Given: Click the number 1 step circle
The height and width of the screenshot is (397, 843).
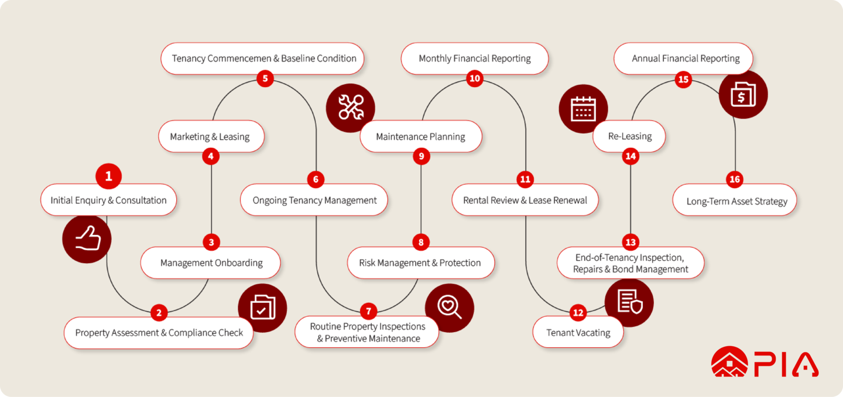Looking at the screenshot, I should (x=108, y=176).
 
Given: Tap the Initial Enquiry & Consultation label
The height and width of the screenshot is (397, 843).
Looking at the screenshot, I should (x=108, y=200).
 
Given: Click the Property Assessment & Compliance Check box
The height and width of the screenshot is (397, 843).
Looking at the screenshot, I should (x=159, y=333).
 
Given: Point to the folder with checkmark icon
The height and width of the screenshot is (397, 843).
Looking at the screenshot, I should (x=262, y=308).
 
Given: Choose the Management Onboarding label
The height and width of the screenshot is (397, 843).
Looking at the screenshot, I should (x=211, y=263).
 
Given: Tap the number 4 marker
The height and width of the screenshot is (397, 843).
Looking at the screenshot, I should (x=210, y=156).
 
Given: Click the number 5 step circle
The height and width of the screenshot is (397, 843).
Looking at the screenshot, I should (x=265, y=77).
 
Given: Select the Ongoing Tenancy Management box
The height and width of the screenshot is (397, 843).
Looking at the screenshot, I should (x=314, y=201).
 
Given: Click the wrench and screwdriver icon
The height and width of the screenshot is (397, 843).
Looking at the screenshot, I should (x=351, y=108).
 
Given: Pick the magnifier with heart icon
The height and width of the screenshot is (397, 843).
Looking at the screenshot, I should (x=449, y=308).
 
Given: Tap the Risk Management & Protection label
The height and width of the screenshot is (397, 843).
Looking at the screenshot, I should (x=420, y=263).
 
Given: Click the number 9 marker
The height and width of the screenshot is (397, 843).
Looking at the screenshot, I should (x=421, y=156).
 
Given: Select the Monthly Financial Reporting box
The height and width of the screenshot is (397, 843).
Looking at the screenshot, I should (x=474, y=58).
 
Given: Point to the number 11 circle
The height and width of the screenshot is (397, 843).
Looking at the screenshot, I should (x=525, y=179).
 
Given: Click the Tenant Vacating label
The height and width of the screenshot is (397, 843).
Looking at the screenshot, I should (x=578, y=333).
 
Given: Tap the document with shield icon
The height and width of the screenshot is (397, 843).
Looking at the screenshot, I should (x=629, y=302).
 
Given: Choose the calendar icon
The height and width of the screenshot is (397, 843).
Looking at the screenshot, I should (x=583, y=109).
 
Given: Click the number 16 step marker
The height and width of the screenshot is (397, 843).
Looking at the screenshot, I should (x=735, y=179).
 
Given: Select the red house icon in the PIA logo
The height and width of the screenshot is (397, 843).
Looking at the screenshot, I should (x=729, y=363).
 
